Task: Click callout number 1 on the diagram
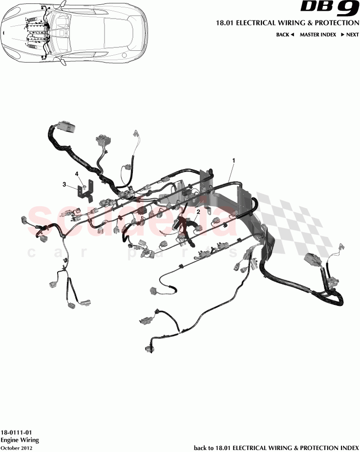pos(233,160)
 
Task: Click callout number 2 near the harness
pos(198,212)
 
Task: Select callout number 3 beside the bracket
pos(64,184)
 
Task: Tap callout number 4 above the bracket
pos(77,173)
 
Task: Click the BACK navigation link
pos(285,35)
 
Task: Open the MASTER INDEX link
pos(318,35)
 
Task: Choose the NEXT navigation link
pos(350,35)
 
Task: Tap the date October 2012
pos(17,447)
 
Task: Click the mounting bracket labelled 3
pos(86,192)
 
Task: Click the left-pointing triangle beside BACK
pos(292,35)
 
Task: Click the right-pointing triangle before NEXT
pos(343,35)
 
